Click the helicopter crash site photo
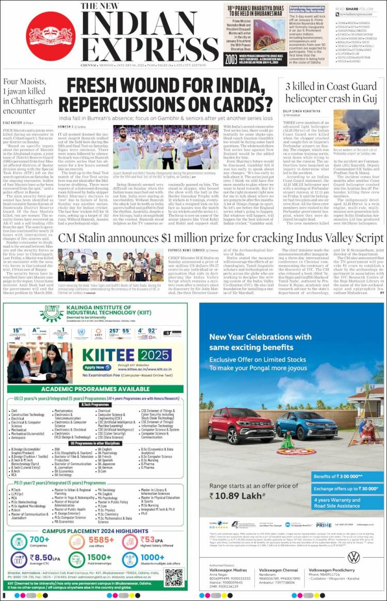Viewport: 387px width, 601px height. click(x=356, y=130)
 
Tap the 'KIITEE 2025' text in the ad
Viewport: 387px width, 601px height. click(x=119, y=355)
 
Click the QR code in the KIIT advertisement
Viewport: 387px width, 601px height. click(x=174, y=577)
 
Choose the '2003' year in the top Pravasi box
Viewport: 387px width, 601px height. click(x=231, y=59)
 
